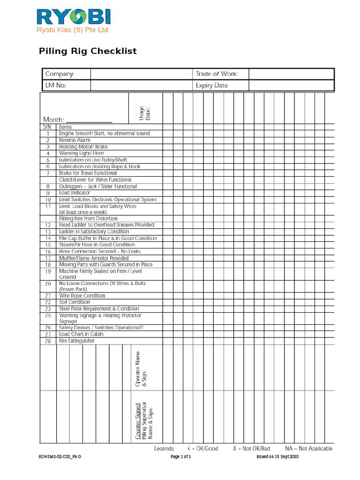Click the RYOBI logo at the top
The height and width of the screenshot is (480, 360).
click(x=74, y=18)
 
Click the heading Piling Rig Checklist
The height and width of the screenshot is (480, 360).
click(x=88, y=51)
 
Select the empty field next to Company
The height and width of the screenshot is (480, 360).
click(x=141, y=74)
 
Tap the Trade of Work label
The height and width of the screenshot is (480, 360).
click(x=217, y=74)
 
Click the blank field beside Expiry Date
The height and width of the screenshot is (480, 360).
click(x=291, y=86)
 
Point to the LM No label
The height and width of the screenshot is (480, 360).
click(x=56, y=86)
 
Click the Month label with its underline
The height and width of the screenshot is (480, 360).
click(x=78, y=120)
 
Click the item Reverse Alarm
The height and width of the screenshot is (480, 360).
click(x=75, y=140)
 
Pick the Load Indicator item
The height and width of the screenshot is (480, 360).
click(x=75, y=193)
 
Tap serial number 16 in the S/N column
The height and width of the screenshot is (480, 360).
click(x=48, y=252)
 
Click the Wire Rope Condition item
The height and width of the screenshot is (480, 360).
click(x=82, y=296)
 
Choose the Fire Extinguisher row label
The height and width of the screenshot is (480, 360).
click(x=76, y=341)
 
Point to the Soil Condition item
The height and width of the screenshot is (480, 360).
click(x=75, y=302)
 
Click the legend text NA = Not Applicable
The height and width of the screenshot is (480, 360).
click(x=308, y=449)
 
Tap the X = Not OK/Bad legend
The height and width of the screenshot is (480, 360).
click(x=252, y=449)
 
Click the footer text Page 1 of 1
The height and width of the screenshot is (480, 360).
click(x=180, y=457)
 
